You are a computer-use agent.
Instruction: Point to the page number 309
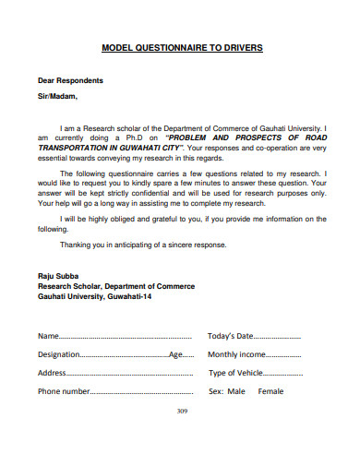tap(182, 410)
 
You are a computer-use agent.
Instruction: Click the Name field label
tap(49, 336)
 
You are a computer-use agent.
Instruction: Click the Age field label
tap(175, 354)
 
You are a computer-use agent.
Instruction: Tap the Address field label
tap(53, 373)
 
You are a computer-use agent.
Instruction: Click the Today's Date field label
tap(230, 336)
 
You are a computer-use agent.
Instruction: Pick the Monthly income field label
tap(237, 354)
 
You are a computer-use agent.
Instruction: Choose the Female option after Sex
tap(270, 391)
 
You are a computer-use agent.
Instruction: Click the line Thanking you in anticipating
tap(129, 245)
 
